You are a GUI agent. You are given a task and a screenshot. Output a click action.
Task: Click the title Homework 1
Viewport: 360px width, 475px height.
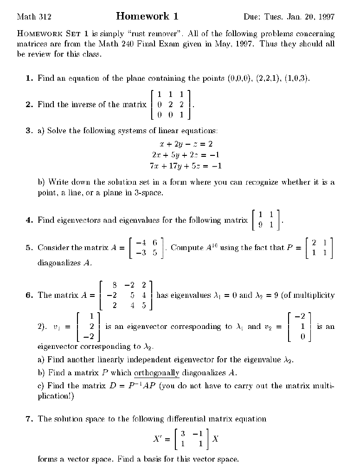tap(147, 17)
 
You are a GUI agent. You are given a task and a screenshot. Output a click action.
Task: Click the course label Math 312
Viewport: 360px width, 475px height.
tap(34, 18)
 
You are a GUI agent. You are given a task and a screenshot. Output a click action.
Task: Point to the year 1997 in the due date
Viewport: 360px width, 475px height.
tap(325, 18)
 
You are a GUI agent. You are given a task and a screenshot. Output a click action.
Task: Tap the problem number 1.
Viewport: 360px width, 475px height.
tap(29, 78)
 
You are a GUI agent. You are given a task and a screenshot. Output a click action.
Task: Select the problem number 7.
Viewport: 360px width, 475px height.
tap(29, 419)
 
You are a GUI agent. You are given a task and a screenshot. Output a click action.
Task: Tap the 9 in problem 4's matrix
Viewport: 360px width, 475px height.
tap(261, 225)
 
